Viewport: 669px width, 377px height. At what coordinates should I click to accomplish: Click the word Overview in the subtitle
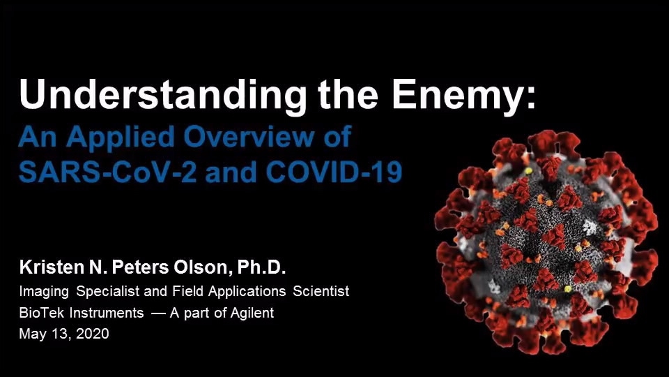pyautogui.click(x=248, y=137)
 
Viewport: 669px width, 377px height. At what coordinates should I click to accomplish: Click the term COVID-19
pyautogui.click(x=334, y=172)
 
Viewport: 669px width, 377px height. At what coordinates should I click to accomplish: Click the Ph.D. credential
pyautogui.click(x=261, y=267)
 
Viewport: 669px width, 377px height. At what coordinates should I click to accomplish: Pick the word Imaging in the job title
pyautogui.click(x=44, y=292)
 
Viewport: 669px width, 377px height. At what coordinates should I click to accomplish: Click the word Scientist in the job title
pyautogui.click(x=321, y=291)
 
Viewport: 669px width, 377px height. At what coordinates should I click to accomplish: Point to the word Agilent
pyautogui.click(x=252, y=313)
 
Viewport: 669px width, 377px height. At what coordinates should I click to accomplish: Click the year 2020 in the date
pyautogui.click(x=93, y=334)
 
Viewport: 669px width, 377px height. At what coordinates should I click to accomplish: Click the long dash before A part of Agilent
pyautogui.click(x=158, y=313)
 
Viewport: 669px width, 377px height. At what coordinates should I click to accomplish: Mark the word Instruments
pyautogui.click(x=106, y=313)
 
